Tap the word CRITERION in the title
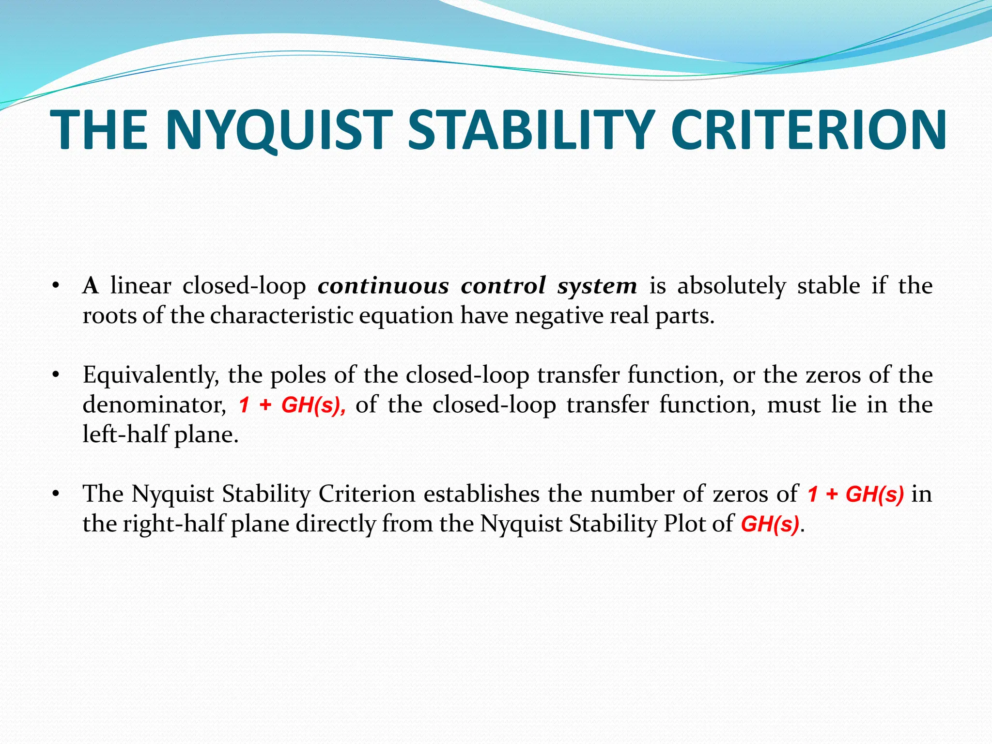[808, 130]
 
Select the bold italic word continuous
[383, 286]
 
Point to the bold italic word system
[597, 286]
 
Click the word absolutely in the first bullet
[731, 286]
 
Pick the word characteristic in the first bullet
[283, 316]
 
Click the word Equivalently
[151, 375]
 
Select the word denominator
[154, 405]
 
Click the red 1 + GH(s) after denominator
[292, 405]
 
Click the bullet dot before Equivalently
[56, 375]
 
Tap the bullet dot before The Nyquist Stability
[56, 494]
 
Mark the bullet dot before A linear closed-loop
[56, 286]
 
